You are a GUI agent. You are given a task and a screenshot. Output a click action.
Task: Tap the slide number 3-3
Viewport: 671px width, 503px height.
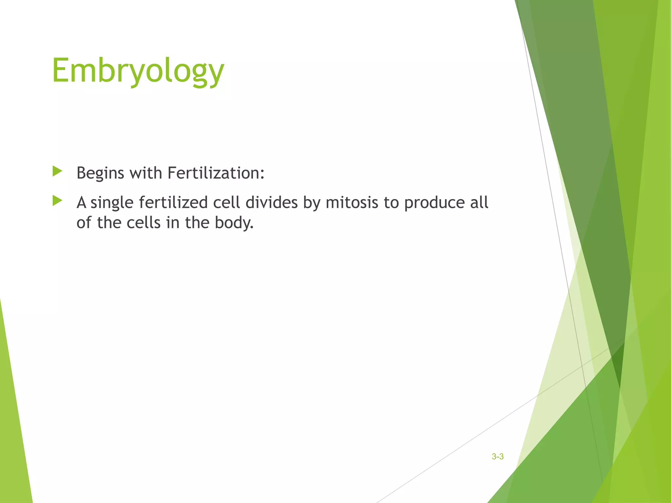point(497,456)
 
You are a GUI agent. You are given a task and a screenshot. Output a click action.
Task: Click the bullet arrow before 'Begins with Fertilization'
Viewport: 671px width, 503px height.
point(57,171)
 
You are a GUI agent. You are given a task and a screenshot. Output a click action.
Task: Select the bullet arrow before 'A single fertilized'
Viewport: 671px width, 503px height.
point(57,201)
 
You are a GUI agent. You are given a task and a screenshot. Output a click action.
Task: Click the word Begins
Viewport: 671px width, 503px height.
point(100,173)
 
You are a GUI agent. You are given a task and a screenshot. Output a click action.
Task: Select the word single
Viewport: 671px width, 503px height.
point(112,203)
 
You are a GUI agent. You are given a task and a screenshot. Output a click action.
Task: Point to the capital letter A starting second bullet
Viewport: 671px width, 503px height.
point(81,202)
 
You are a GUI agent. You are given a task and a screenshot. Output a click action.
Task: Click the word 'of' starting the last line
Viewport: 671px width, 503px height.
point(84,223)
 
